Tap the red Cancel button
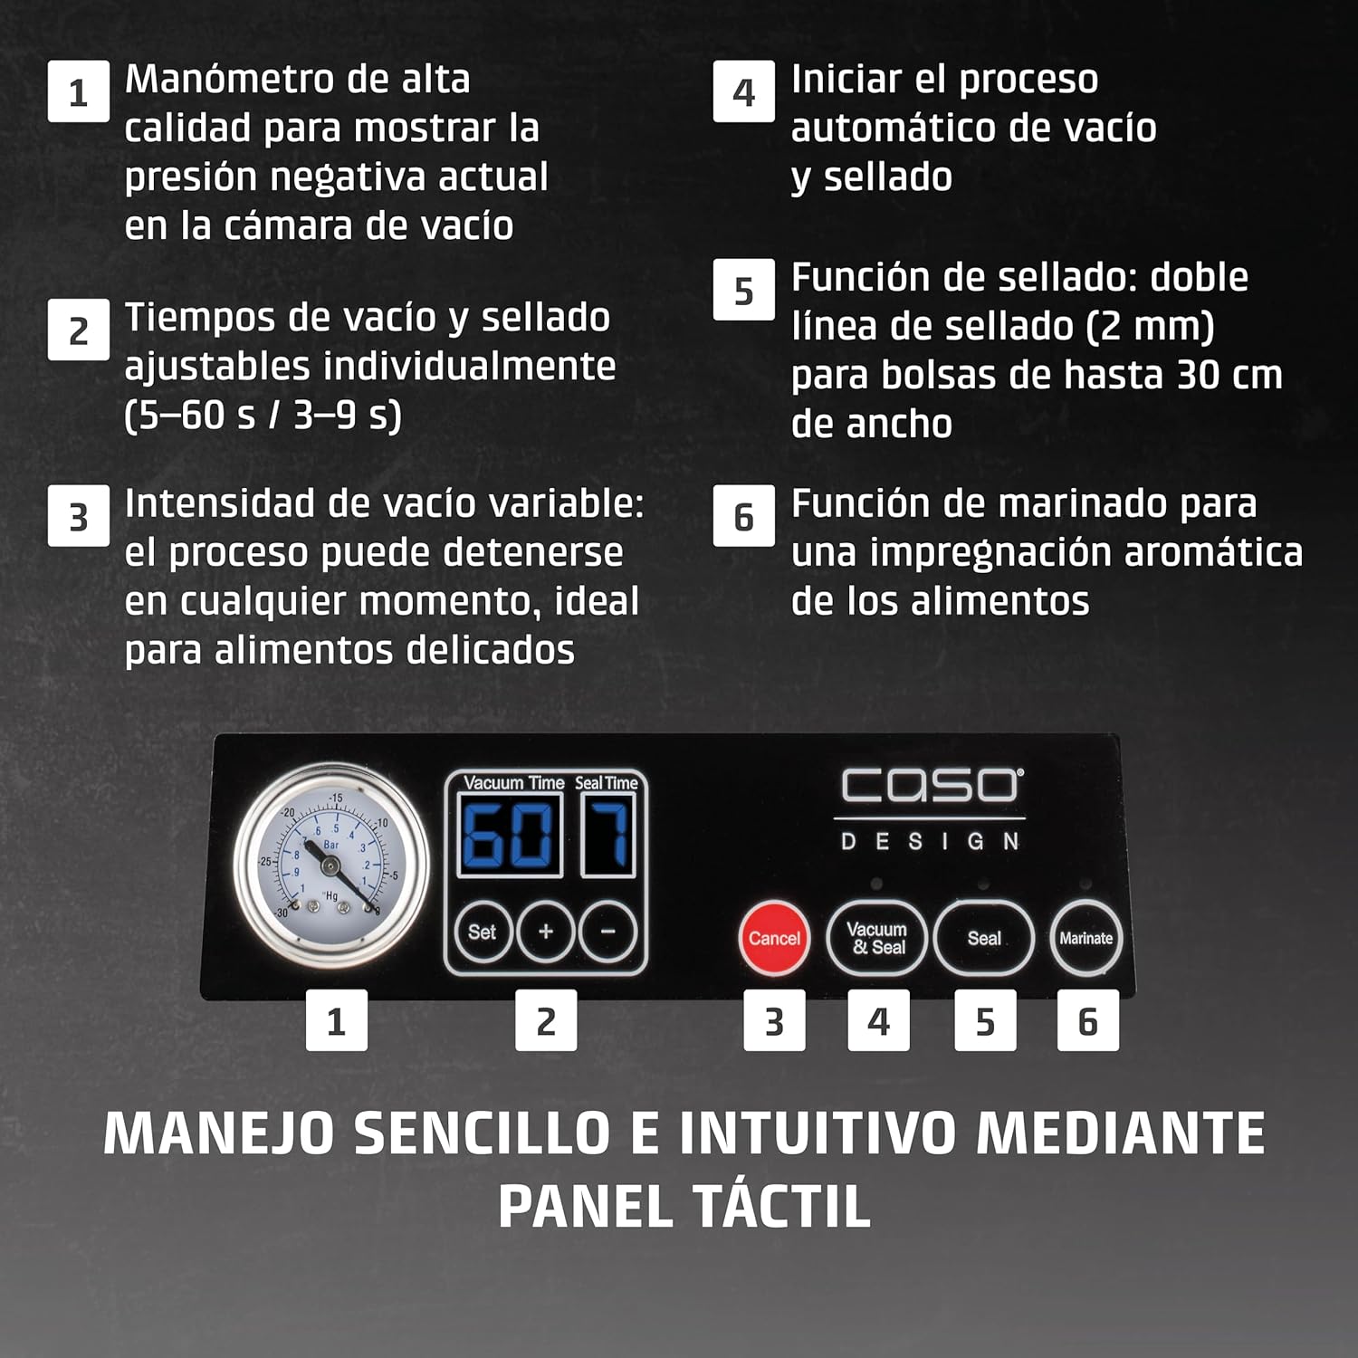(x=774, y=938)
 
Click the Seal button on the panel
(x=984, y=938)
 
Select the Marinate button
(x=1086, y=938)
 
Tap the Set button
(x=482, y=932)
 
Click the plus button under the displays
(x=545, y=932)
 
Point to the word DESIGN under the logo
(x=931, y=842)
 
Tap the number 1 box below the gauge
(x=336, y=1020)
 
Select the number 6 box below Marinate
(x=1088, y=1020)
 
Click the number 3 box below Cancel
(x=774, y=1020)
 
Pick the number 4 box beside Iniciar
(x=743, y=91)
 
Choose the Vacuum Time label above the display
(x=513, y=782)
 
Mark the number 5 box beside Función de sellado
(x=743, y=290)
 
